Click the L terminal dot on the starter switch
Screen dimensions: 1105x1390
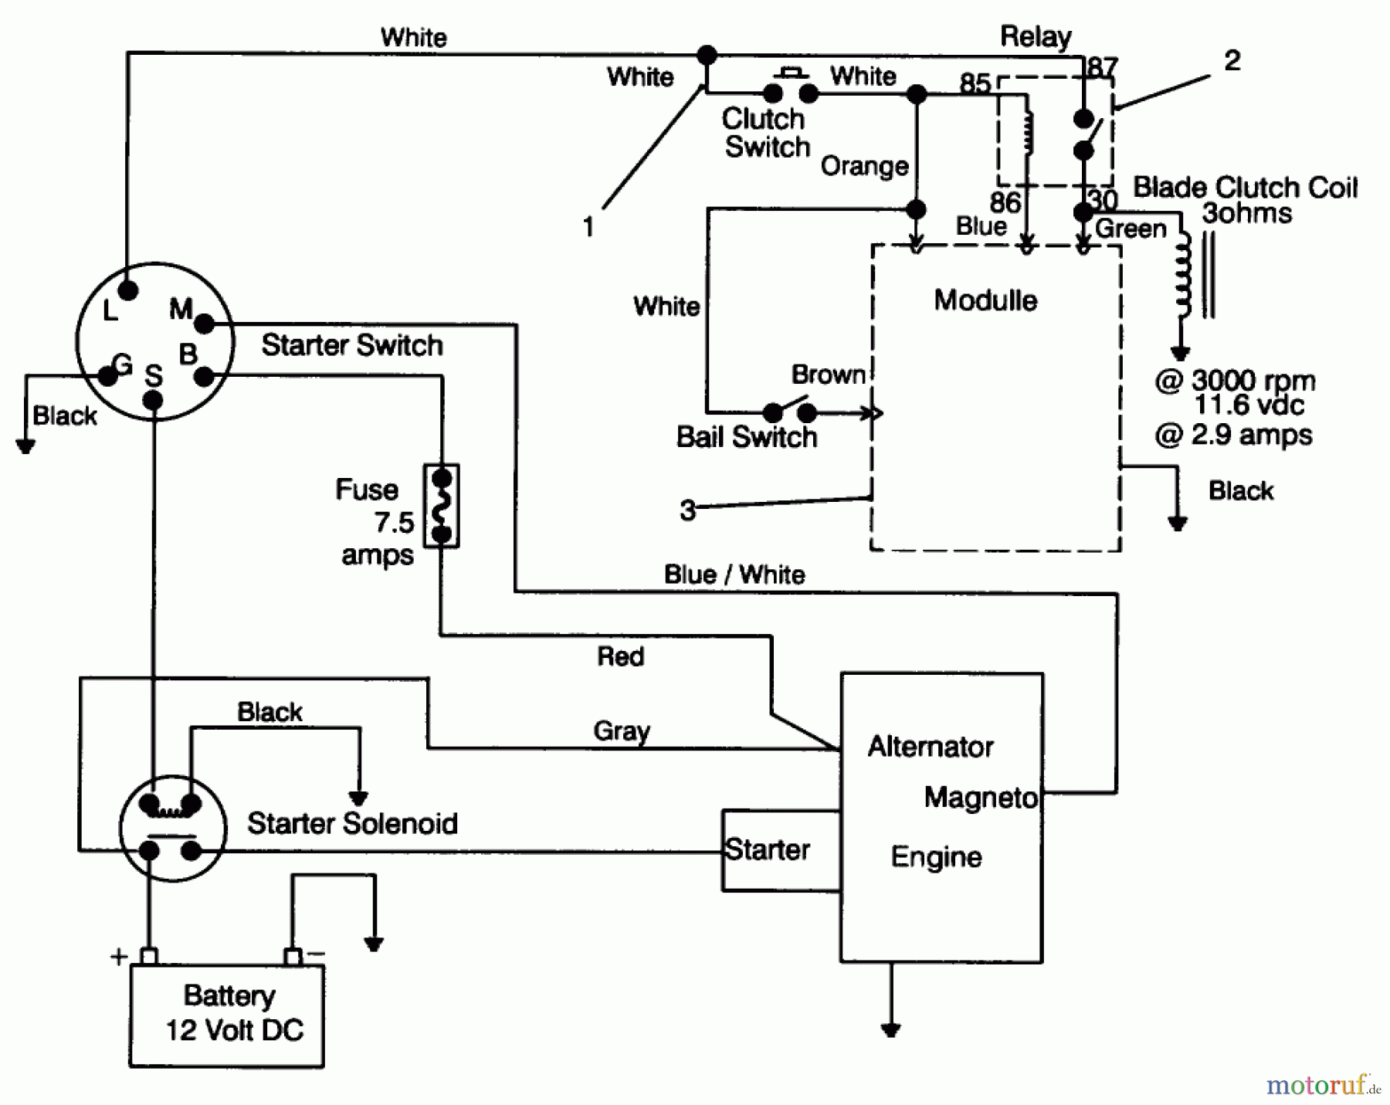[x=128, y=290]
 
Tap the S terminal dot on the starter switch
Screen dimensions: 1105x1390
[x=154, y=400]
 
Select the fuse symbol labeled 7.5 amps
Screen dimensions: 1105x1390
[x=441, y=506]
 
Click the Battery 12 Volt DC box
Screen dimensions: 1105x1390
[x=227, y=1015]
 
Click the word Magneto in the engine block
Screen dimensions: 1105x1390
[x=980, y=797]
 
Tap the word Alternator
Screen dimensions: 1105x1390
[x=930, y=746]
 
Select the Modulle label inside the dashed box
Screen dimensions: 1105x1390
[x=985, y=300]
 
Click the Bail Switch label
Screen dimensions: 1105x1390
[x=746, y=437]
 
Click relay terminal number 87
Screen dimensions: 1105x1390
[x=1101, y=67]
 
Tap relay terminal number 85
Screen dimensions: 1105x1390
[x=975, y=83]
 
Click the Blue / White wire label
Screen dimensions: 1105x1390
[x=734, y=575]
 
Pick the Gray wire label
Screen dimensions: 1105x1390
[x=621, y=730]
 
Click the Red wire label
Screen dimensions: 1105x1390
[x=620, y=656]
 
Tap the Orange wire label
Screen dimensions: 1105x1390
[x=864, y=165]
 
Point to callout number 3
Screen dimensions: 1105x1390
[x=687, y=510]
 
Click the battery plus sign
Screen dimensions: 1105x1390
[x=118, y=957]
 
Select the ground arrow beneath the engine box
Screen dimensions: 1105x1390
[x=890, y=1029]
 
